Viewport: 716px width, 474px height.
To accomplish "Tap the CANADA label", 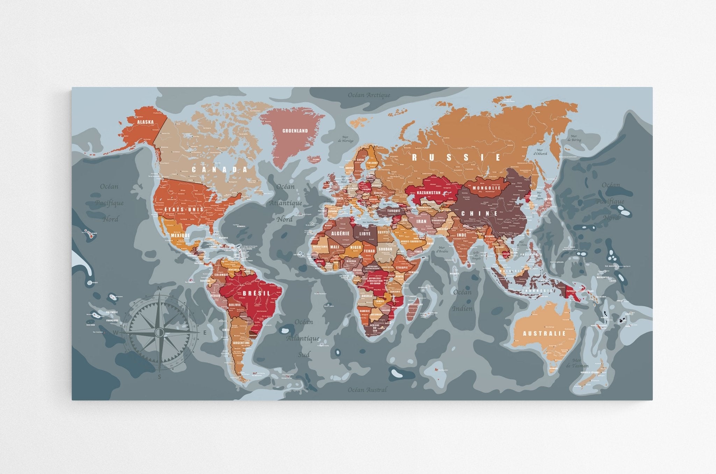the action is pos(220,170).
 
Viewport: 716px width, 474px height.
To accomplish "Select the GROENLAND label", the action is pos(295,131).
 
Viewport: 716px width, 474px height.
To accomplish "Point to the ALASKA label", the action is pos(145,122).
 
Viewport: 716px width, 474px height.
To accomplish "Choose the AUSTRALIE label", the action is pos(544,334).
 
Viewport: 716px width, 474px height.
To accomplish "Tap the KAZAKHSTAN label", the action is pos(428,192).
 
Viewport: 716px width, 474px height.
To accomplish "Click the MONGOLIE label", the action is pos(487,188).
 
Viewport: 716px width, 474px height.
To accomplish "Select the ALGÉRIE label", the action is pos(340,233).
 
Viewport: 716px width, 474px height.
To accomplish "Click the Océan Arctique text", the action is pos(369,95).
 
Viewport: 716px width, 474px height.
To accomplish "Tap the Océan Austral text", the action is pos(367,390).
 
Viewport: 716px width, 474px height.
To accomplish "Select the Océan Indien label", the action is pos(462,300).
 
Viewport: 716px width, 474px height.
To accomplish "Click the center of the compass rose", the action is pos(159,331).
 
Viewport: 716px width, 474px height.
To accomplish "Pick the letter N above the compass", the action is pos(159,288).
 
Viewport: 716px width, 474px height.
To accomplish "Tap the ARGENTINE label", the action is pos(242,343).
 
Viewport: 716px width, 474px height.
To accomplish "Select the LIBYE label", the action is pos(364,233).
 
